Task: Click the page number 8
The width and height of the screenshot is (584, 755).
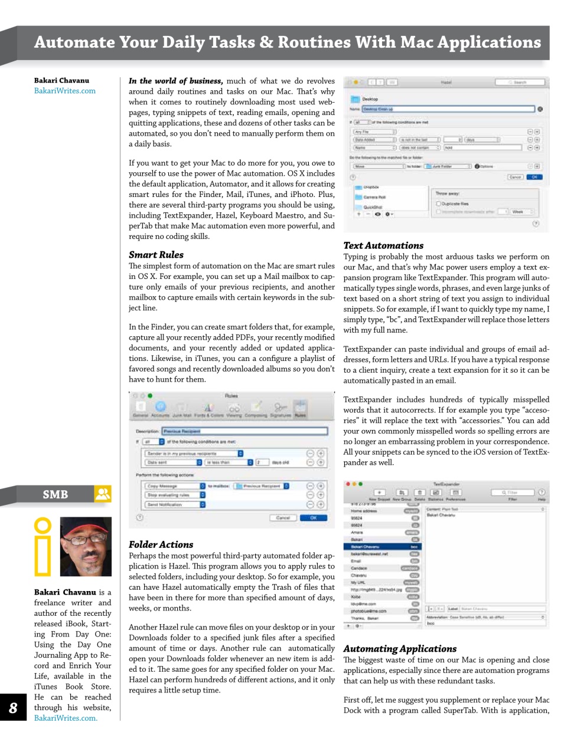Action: point(13,708)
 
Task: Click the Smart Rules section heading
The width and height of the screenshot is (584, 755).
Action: point(156,255)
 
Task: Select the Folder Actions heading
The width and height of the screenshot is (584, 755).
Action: point(161,544)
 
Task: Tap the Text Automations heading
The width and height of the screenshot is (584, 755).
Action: point(383,245)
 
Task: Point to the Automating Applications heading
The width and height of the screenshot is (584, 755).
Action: point(400,649)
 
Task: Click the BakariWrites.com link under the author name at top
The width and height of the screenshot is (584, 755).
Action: point(64,91)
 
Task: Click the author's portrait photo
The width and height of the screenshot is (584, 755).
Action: point(86,547)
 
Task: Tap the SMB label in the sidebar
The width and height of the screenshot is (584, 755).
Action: point(55,494)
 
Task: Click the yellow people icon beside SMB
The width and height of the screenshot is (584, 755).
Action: point(103,494)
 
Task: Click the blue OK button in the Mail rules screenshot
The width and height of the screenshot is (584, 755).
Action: point(313,518)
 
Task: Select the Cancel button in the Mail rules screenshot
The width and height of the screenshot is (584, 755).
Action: point(283,518)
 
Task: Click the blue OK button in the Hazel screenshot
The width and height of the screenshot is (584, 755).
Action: point(534,176)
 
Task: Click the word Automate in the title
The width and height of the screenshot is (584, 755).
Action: point(74,42)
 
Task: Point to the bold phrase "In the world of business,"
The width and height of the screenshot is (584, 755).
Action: point(175,81)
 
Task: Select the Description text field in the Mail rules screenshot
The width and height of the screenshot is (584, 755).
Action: point(244,431)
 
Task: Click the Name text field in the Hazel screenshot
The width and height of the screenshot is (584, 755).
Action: point(448,109)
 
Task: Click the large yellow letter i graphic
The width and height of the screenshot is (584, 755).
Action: point(43,547)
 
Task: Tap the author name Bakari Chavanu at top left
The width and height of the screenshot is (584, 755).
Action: point(61,80)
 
